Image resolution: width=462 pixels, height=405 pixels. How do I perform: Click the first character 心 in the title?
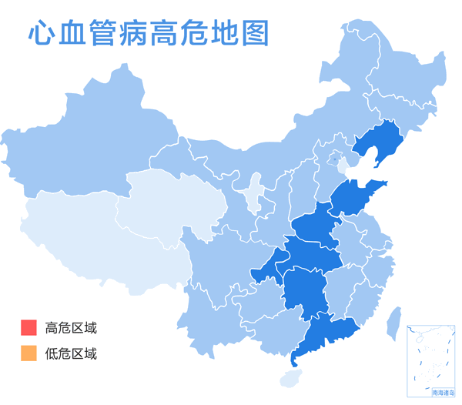[40, 34]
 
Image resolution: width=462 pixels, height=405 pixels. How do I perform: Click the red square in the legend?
[28, 327]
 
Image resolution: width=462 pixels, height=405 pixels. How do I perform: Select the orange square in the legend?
[28, 353]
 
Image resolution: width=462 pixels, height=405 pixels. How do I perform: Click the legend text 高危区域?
[71, 328]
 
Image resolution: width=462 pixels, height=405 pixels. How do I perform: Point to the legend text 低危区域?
[71, 354]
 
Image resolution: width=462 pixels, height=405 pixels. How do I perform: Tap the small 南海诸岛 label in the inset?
[444, 392]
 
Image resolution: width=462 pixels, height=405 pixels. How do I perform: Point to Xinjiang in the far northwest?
[77, 146]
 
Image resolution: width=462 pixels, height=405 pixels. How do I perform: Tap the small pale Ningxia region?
[252, 194]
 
